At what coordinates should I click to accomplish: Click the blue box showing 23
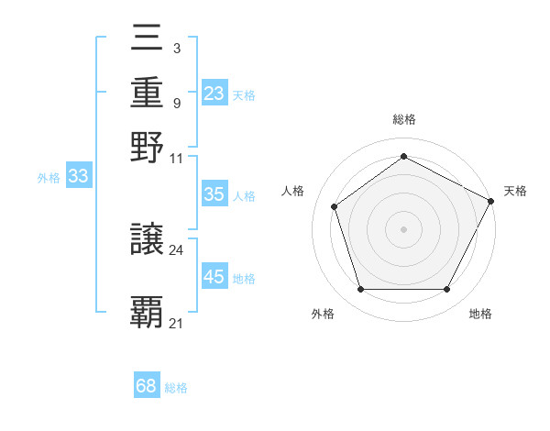(214, 94)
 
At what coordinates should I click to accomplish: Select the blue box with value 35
(214, 194)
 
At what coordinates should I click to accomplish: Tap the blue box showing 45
(214, 277)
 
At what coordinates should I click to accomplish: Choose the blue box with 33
(79, 177)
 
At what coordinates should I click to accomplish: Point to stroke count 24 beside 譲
(177, 249)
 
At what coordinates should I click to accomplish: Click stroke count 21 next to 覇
(177, 322)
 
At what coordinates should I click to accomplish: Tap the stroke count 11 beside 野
(177, 158)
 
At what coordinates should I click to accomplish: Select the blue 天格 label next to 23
(244, 94)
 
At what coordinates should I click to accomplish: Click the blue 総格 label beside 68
(177, 388)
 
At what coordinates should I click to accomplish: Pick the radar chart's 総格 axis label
(404, 120)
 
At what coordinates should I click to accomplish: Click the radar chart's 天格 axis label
(515, 191)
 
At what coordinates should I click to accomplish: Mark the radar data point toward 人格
(335, 206)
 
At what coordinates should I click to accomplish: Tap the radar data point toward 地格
(447, 289)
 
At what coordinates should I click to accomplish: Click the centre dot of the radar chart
(404, 228)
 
